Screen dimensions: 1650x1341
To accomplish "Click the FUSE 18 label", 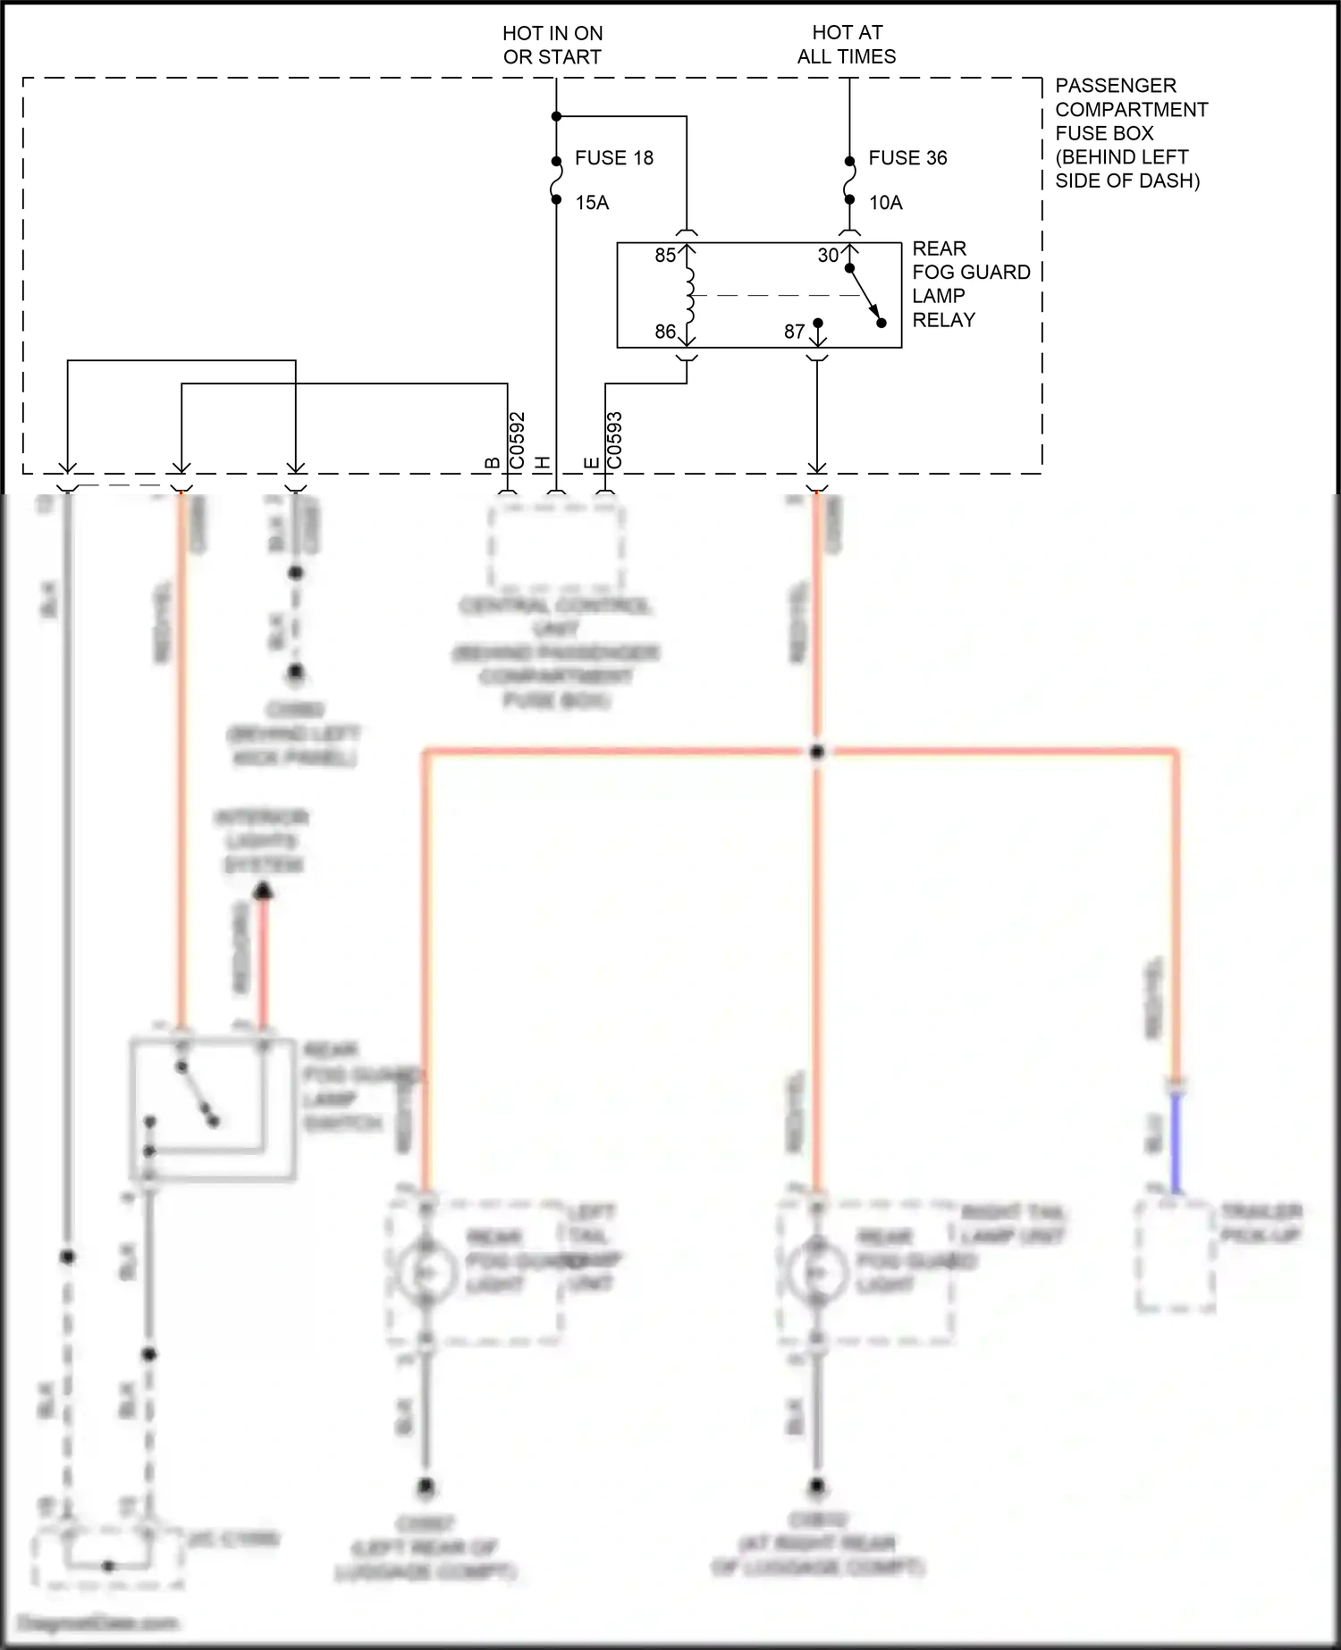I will coord(613,158).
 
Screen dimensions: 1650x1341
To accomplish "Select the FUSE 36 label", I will coord(907,158).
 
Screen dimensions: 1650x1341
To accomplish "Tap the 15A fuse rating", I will coord(592,203).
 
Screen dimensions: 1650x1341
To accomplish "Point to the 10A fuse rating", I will coord(886,203).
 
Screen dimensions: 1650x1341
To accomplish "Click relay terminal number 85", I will coord(665,256).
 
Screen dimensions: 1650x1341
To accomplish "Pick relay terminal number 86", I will coord(665,332).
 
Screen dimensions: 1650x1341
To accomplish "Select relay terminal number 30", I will coord(829,256).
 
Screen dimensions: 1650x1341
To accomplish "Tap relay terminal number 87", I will coord(795,332).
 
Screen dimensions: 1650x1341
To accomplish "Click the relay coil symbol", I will coord(688,295).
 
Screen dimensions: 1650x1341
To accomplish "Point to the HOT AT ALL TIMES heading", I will coord(847,45).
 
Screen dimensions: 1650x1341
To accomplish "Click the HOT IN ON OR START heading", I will coord(552,45).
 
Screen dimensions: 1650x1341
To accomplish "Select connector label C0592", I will coord(517,441).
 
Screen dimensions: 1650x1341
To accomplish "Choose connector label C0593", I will coord(614,441).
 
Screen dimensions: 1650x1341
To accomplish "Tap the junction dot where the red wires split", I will coord(817,753).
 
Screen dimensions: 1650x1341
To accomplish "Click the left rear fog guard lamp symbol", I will coord(426,1270).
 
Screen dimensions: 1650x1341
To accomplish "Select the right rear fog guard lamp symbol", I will coord(816,1270).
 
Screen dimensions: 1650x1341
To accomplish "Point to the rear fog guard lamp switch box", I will coord(213,1108).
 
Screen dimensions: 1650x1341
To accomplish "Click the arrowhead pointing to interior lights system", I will coord(263,891).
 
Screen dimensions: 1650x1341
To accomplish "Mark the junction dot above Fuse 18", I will coord(556,116).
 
